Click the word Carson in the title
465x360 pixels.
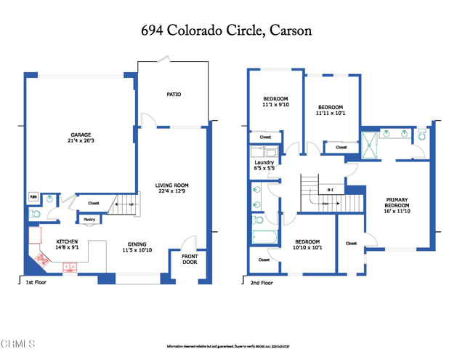[289, 31]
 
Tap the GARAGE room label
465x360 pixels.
[81, 135]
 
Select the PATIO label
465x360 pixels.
[174, 95]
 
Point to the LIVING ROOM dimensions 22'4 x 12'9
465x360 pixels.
[172, 191]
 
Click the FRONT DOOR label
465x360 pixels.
[189, 258]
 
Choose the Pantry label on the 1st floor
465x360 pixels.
[89, 219]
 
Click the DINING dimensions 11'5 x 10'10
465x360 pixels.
[137, 250]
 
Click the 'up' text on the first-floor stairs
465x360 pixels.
[131, 204]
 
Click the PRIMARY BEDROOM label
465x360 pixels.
[397, 202]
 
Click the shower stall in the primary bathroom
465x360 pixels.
[370, 144]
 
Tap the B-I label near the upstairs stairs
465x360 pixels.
[331, 190]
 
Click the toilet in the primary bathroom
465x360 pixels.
[421, 135]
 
